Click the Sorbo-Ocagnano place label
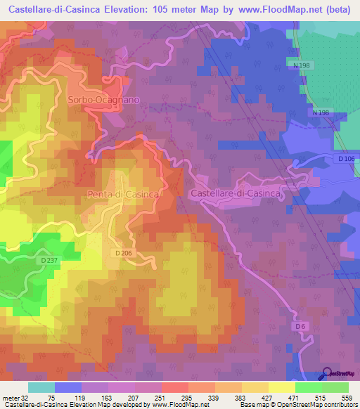103,100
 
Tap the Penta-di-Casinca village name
121,193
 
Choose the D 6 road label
300,326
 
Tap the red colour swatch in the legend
174,387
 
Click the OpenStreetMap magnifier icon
327,372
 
